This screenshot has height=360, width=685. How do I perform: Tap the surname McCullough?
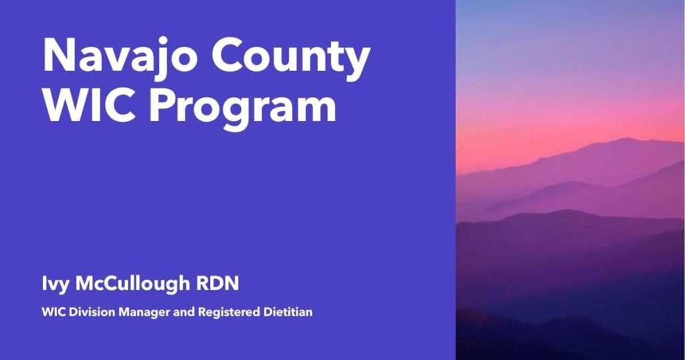pos(132,284)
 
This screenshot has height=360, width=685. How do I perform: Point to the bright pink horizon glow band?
pos(570,131)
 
